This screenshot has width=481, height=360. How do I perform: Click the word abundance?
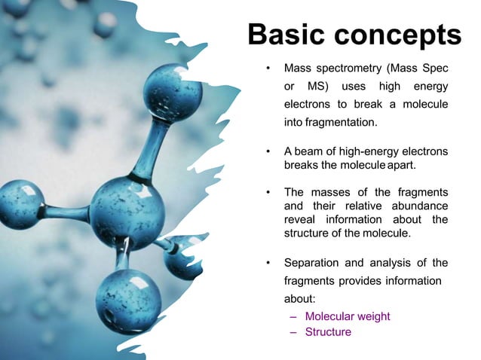pos(417,206)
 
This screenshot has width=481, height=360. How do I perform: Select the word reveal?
pos(300,219)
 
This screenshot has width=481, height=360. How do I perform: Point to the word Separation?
pos(311,263)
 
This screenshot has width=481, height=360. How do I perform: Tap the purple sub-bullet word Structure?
pos(328,331)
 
